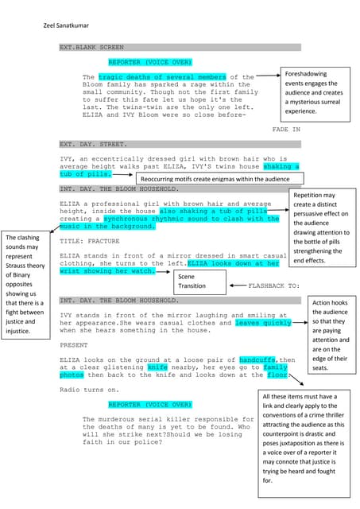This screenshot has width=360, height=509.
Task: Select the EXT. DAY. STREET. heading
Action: click(x=93, y=145)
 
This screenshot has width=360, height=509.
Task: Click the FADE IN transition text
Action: click(x=286, y=129)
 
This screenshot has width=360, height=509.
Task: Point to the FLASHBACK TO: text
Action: click(x=273, y=284)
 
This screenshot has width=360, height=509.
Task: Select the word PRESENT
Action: click(x=74, y=346)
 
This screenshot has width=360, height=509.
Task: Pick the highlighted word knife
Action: click(x=157, y=368)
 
